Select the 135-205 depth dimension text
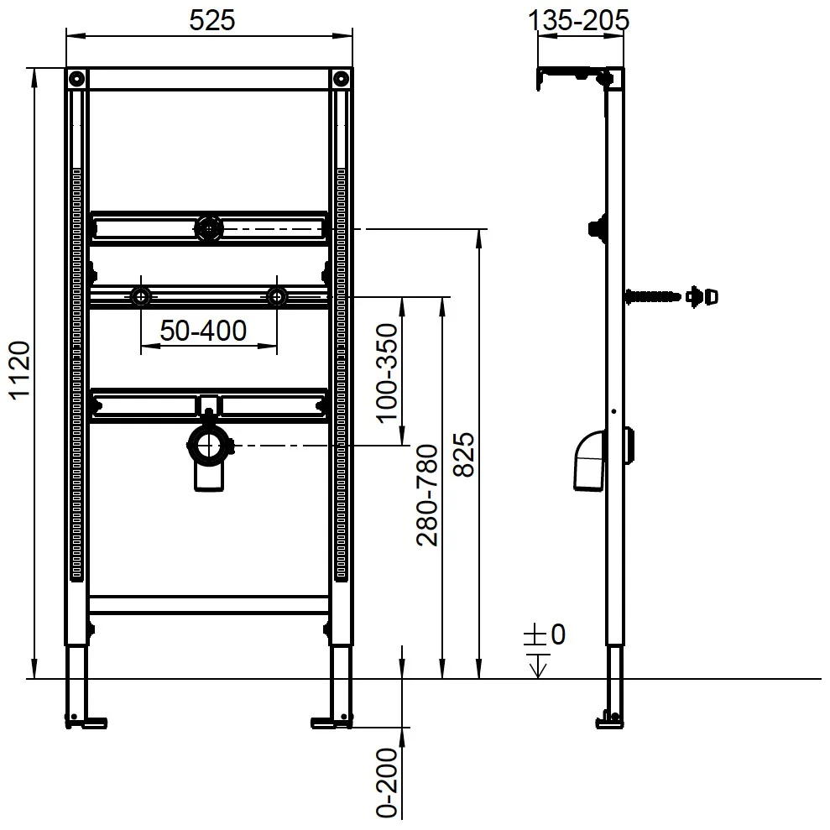pos(580,20)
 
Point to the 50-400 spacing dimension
pos(204,331)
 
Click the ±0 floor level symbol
pos(546,635)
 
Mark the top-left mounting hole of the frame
pos(76,80)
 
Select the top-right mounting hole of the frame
pos(341,80)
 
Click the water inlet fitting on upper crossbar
pos(207,227)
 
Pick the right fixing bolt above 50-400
pos(277,296)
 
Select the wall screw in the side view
pos(655,295)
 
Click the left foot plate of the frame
pos(86,720)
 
